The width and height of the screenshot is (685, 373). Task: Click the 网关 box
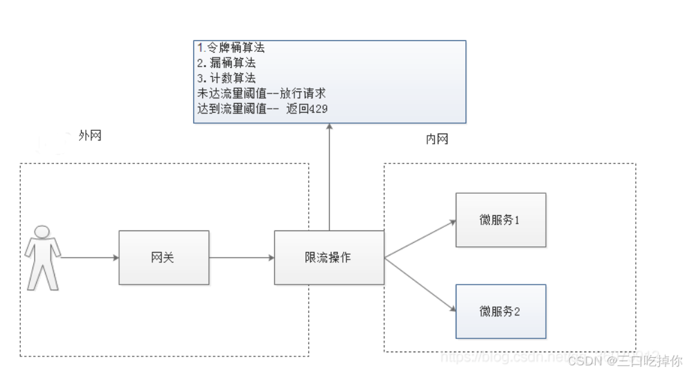(163, 257)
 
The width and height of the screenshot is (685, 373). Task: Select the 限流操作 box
(329, 257)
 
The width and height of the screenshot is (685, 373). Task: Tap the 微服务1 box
(500, 220)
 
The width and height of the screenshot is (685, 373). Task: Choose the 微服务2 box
(500, 311)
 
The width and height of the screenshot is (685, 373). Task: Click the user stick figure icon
(43, 257)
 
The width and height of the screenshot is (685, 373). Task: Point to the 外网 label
(90, 136)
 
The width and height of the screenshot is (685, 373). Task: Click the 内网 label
(437, 139)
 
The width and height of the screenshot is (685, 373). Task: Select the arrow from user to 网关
(90, 257)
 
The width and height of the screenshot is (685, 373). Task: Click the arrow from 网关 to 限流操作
(242, 257)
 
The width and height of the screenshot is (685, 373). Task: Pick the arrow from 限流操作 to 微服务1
(420, 239)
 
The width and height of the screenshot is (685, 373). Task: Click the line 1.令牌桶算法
(231, 48)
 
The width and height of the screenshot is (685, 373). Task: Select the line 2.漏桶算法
(226, 63)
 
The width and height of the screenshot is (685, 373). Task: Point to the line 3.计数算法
(226, 78)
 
